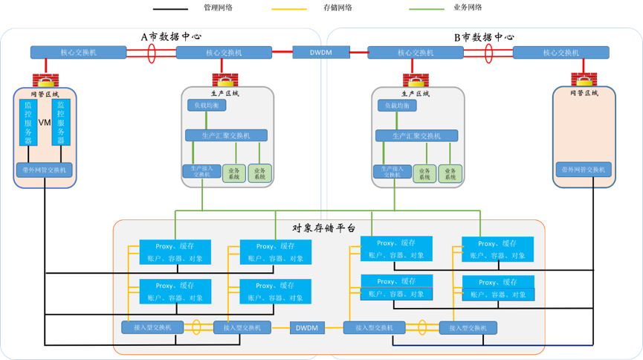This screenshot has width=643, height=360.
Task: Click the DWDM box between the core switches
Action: [x=321, y=53]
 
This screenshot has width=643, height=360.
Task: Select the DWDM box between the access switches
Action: [x=306, y=327]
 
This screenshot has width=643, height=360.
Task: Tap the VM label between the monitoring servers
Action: [x=44, y=122]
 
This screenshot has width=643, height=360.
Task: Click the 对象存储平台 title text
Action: [x=323, y=228]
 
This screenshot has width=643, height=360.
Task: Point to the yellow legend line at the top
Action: [x=289, y=10]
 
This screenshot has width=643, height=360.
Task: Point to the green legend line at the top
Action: [x=427, y=10]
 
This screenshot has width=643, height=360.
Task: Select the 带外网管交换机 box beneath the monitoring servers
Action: [x=44, y=170]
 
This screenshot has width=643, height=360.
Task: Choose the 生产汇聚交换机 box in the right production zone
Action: [x=416, y=135]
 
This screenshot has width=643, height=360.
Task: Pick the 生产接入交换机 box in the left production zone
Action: [x=201, y=171]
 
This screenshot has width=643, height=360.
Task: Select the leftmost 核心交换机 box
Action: [x=78, y=53]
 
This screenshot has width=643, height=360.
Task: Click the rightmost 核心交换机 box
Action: [x=560, y=53]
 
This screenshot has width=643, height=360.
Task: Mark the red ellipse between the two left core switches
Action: [x=151, y=53]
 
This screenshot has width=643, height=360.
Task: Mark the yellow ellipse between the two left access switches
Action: [x=196, y=327]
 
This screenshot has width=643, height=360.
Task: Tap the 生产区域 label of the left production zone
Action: [x=225, y=94]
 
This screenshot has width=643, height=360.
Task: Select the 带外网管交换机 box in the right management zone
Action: [x=583, y=170]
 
